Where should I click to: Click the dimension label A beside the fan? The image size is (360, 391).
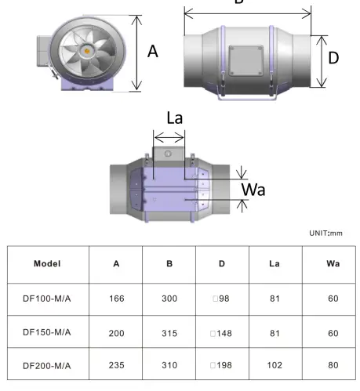[153, 52]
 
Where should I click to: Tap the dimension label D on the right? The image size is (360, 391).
[333, 58]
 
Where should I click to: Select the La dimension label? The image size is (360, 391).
[176, 119]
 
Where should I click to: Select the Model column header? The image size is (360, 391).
[47, 263]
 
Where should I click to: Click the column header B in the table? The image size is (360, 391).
[169, 263]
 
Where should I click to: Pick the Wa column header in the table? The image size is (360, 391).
[333, 263]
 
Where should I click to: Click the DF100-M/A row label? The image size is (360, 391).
[47, 298]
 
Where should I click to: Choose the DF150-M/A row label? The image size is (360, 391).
[47, 331]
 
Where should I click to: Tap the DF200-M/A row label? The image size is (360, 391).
[47, 365]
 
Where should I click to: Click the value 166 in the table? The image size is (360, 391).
[116, 298]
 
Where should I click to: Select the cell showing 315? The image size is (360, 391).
[169, 332]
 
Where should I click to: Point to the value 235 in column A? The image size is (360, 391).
[116, 366]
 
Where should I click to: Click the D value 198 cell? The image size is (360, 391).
[222, 366]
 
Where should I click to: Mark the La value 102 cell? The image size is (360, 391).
[275, 366]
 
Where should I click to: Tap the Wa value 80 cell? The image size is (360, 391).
[333, 366]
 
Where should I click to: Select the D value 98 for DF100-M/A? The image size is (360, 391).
[222, 298]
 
